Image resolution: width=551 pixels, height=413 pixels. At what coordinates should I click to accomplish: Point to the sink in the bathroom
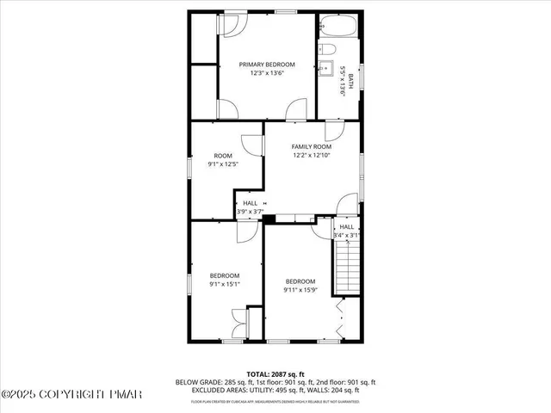[327, 71]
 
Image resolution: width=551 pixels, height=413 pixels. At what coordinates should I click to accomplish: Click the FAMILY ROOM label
[311, 147]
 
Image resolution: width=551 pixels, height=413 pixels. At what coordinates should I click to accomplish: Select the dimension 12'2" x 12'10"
[311, 156]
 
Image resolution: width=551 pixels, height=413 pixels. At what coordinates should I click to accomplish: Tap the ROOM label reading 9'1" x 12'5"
[222, 156]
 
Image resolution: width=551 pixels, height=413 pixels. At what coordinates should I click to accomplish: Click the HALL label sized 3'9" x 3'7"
[250, 203]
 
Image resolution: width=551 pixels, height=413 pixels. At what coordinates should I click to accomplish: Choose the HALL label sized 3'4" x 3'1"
[346, 227]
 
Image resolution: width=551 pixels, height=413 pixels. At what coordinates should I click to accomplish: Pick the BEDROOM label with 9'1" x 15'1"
[224, 275]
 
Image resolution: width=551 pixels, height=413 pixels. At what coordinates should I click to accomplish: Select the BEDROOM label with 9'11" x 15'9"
[300, 281]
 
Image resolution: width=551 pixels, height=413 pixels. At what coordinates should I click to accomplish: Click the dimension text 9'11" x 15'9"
[300, 290]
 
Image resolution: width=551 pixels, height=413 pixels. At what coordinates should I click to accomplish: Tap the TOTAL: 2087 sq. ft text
[275, 373]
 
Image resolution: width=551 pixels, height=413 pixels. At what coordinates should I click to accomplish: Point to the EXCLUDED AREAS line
[275, 390]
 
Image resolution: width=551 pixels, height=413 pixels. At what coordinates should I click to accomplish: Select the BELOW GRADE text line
[275, 381]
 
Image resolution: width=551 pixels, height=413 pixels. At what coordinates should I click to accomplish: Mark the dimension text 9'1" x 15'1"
[224, 284]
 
